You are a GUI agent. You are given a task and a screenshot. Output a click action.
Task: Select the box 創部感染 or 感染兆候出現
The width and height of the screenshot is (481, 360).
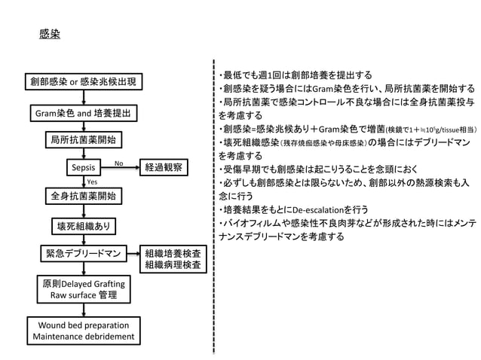coord(83,81)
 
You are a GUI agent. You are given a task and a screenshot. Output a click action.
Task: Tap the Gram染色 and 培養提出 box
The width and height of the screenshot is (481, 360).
coord(83,114)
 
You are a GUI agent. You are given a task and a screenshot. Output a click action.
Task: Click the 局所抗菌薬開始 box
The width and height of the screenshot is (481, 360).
coord(83,140)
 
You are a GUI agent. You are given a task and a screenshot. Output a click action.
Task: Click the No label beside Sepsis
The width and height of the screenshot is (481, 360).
coord(119,162)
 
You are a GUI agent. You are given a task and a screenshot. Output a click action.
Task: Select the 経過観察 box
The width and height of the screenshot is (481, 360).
coord(167,166)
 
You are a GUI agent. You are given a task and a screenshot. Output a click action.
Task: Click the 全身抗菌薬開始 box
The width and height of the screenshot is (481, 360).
coord(83,196)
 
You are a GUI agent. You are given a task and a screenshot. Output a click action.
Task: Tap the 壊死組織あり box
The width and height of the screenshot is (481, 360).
coord(83,225)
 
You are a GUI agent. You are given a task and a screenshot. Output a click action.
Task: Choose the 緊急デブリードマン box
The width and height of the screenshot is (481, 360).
coord(83,254)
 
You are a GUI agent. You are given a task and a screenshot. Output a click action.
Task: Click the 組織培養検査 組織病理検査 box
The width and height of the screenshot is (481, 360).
coord(172,259)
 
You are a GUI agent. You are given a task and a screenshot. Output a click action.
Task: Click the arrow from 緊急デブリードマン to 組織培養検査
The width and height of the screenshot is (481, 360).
coord(133,254)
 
